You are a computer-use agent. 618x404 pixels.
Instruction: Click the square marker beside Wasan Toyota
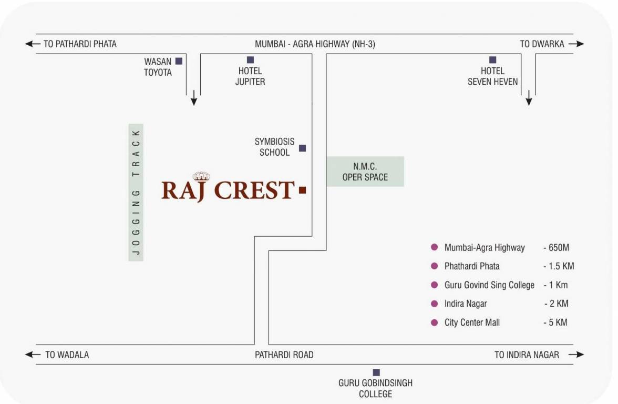pyautogui.click(x=179, y=61)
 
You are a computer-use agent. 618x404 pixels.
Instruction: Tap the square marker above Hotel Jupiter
pyautogui.click(x=250, y=60)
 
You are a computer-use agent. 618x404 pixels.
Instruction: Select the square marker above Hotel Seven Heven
pyautogui.click(x=492, y=60)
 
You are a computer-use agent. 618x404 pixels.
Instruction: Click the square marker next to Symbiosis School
pyautogui.click(x=302, y=148)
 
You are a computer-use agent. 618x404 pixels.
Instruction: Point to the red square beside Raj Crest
pyautogui.click(x=302, y=190)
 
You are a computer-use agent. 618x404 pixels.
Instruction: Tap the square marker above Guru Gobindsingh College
pyautogui.click(x=376, y=372)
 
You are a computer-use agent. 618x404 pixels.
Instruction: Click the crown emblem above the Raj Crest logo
pyautogui.click(x=201, y=176)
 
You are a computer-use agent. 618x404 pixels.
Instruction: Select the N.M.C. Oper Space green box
pyautogui.click(x=365, y=171)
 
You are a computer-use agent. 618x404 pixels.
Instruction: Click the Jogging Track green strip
pyautogui.click(x=136, y=193)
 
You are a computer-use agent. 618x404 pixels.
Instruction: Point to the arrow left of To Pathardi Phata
pyautogui.click(x=33, y=44)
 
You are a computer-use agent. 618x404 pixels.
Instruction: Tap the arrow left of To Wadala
pyautogui.click(x=33, y=355)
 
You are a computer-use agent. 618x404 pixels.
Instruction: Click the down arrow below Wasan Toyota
pyautogui.click(x=194, y=97)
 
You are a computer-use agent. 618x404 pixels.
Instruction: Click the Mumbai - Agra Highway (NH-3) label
pyautogui.click(x=315, y=45)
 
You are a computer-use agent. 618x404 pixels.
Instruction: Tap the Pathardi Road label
pyautogui.click(x=284, y=355)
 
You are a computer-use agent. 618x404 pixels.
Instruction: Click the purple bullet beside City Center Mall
pyautogui.click(x=434, y=322)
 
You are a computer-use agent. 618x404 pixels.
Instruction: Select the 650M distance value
pyautogui.click(x=557, y=247)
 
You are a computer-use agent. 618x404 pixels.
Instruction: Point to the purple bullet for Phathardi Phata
pyautogui.click(x=434, y=266)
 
